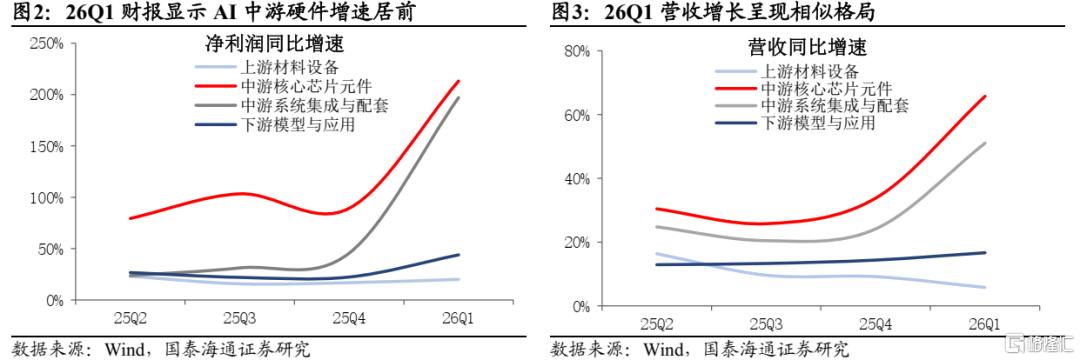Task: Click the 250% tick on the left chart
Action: (x=45, y=43)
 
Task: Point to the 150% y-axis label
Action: (x=45, y=146)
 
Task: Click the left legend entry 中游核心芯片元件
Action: (x=297, y=87)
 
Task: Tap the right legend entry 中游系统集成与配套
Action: (x=833, y=106)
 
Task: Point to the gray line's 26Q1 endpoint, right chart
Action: (x=984, y=143)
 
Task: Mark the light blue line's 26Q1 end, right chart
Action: (x=984, y=287)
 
